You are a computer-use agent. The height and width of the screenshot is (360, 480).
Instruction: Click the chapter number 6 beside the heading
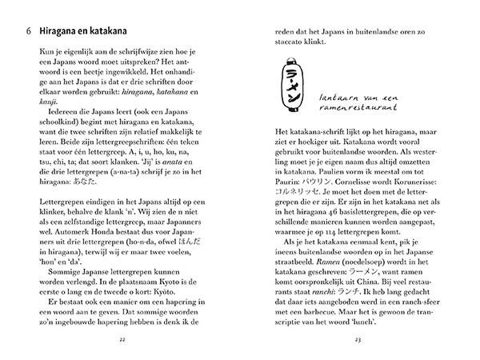(28, 31)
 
